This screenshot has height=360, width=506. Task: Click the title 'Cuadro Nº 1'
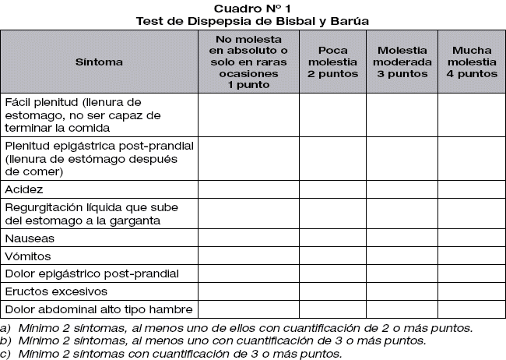pyautogui.click(x=252, y=8)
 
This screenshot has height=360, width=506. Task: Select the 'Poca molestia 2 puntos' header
pyautogui.click(x=332, y=61)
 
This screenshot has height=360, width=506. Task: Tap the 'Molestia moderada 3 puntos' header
pyautogui.click(x=402, y=61)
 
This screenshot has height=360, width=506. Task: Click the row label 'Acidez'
pyautogui.click(x=24, y=189)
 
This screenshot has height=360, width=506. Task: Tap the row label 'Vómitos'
pyautogui.click(x=28, y=256)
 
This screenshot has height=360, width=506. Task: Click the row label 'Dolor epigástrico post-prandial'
pyautogui.click(x=92, y=274)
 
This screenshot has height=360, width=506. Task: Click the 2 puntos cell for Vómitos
pyautogui.click(x=332, y=256)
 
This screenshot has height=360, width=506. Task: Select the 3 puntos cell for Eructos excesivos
pyautogui.click(x=402, y=291)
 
